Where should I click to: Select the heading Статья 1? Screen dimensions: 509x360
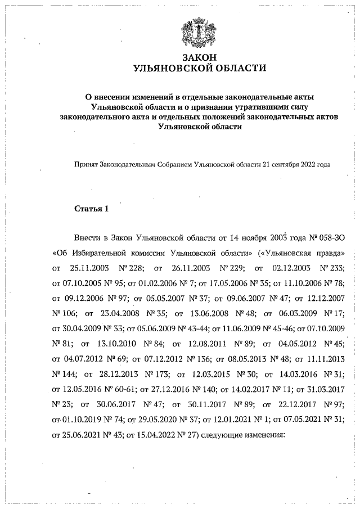pyautogui.click(x=91, y=209)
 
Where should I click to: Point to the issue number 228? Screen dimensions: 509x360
pyautogui.click(x=137, y=268)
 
